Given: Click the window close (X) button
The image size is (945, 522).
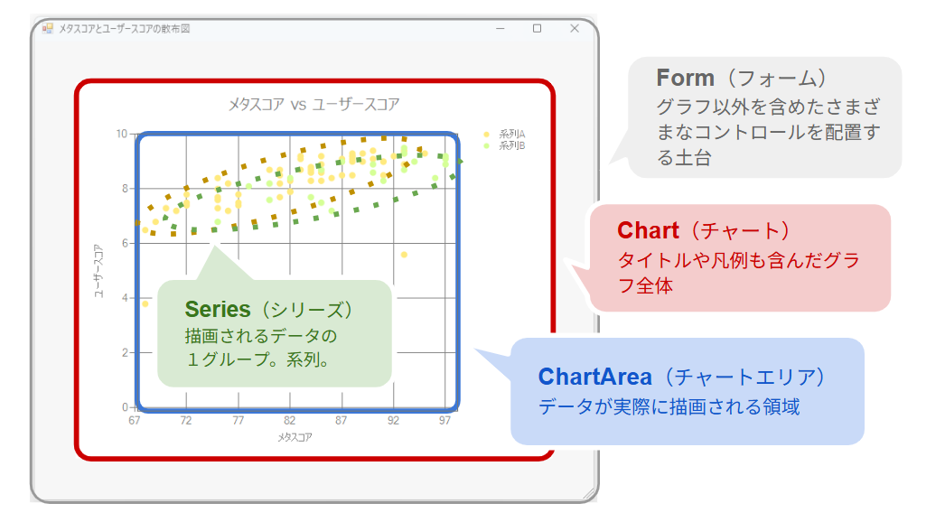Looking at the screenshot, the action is click(575, 28).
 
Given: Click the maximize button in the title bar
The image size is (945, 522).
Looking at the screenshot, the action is click(537, 28).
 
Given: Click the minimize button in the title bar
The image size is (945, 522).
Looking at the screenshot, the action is click(501, 28).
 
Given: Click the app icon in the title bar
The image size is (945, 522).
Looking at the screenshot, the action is click(48, 28).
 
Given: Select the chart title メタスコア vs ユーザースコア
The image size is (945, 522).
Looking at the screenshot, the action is click(313, 104).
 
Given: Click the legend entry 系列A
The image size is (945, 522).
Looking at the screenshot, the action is click(511, 134).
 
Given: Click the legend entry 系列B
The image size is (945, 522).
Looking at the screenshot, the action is click(511, 145).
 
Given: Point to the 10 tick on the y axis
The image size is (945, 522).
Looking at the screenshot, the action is click(122, 134).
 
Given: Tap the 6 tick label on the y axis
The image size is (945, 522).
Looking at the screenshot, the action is click(125, 243).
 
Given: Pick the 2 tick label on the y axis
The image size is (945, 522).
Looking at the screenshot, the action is click(125, 352).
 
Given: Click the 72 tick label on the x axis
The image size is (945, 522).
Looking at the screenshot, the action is click(185, 420).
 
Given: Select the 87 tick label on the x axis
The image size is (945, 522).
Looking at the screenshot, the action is click(342, 420).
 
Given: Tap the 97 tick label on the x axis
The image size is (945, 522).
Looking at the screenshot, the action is click(444, 420).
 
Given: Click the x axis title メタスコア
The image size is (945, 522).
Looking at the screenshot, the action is click(295, 437).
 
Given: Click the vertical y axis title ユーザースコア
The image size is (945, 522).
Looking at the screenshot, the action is click(98, 271).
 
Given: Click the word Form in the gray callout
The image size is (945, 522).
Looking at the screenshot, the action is click(685, 78).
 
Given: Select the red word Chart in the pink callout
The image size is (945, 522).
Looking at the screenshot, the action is click(648, 230).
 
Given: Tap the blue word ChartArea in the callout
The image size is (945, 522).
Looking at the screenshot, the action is click(594, 377).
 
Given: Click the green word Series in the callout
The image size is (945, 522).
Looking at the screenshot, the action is click(218, 309).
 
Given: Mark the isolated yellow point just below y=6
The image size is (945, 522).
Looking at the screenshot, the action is click(405, 255).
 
